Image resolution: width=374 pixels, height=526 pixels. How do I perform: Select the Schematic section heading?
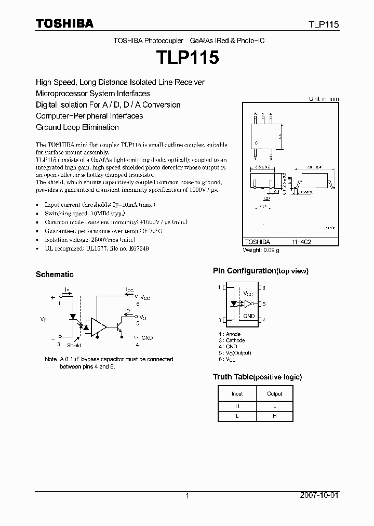(55, 274)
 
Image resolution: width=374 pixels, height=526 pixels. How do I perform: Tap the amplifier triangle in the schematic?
(98, 326)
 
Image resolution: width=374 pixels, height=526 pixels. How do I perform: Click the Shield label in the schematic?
(74, 345)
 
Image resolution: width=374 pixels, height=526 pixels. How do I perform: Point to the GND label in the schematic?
(147, 338)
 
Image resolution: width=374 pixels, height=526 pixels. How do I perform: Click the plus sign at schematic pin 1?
(53, 298)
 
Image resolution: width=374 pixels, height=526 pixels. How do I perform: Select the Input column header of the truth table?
(237, 393)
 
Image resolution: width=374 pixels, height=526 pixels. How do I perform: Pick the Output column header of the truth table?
(275, 393)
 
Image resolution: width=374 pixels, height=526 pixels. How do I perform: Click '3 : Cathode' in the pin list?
(232, 340)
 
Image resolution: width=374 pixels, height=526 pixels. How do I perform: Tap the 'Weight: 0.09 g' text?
(261, 250)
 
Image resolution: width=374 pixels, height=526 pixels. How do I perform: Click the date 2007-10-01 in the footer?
(318, 496)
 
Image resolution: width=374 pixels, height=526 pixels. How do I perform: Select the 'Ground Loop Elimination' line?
(77, 127)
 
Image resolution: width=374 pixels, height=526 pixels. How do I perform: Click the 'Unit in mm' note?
(324, 99)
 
